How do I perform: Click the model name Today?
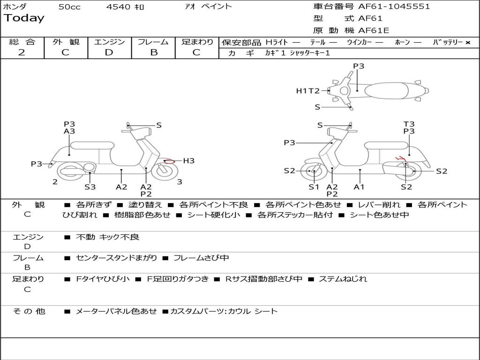(x=24, y=18)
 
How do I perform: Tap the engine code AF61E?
(x=374, y=30)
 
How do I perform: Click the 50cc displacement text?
(x=69, y=7)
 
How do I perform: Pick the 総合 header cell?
(x=22, y=42)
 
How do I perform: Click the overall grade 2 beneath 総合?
(x=22, y=52)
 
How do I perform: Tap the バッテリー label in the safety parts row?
(x=448, y=42)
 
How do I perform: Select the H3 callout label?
(x=188, y=161)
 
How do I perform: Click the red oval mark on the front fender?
(x=169, y=161)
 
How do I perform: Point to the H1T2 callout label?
(x=307, y=91)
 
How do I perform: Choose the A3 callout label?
(x=69, y=131)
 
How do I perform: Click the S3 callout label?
(x=90, y=187)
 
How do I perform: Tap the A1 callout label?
(x=359, y=187)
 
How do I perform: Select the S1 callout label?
(x=314, y=187)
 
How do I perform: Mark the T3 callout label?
(x=409, y=124)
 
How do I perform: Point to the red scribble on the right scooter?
(x=400, y=158)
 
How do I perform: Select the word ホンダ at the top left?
(x=15, y=7)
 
